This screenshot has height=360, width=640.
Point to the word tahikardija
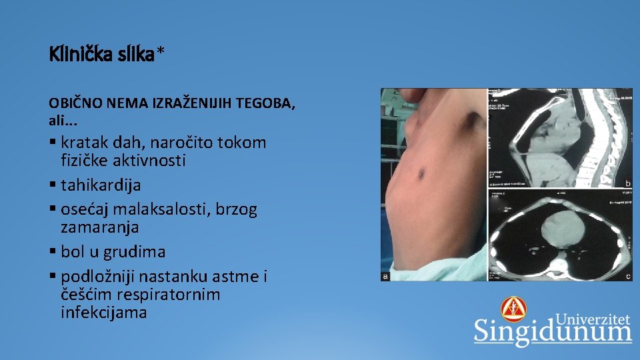(101, 185)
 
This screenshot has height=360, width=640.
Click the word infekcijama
(103, 312)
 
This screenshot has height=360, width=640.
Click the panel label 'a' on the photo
(385, 276)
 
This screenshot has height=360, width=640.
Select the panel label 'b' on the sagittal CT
(627, 183)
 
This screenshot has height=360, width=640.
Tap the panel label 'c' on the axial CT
(627, 276)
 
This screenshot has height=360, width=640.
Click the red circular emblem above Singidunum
(513, 309)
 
